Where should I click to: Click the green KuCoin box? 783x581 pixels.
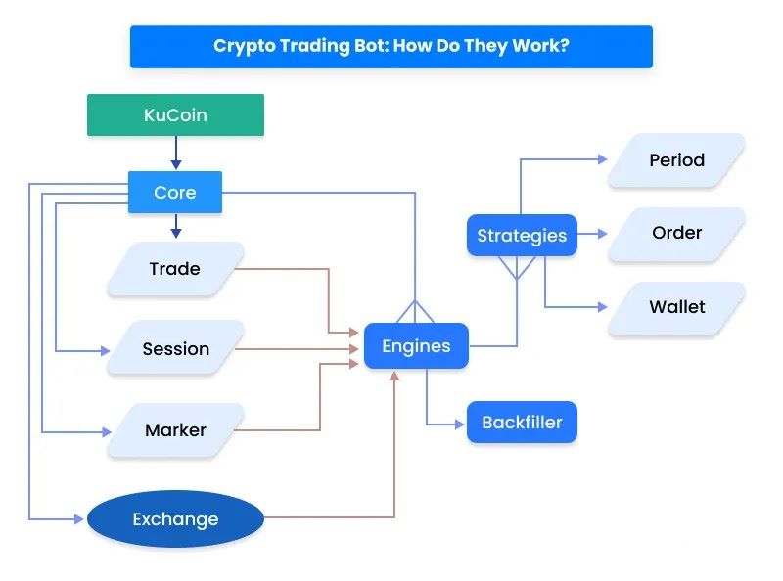click(x=175, y=114)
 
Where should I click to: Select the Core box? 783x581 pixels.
click(x=175, y=192)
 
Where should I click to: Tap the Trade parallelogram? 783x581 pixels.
click(x=175, y=269)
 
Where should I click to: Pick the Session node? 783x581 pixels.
click(x=175, y=348)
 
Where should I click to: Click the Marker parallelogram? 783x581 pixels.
click(x=175, y=429)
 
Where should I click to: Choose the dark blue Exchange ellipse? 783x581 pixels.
click(x=175, y=518)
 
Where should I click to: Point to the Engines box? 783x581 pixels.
click(x=416, y=346)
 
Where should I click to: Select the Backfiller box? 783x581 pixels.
click(x=522, y=423)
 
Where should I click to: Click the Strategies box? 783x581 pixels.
click(x=522, y=235)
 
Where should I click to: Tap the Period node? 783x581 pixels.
click(x=676, y=159)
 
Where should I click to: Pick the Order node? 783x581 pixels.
click(x=676, y=233)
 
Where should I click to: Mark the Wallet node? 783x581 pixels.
click(x=676, y=306)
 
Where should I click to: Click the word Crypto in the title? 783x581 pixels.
click(x=244, y=46)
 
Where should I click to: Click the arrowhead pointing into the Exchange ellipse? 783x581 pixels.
click(x=78, y=519)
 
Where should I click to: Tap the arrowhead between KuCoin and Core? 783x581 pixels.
click(x=176, y=164)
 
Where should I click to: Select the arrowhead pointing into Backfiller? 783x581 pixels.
click(x=459, y=425)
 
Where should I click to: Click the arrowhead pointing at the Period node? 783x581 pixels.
click(x=603, y=159)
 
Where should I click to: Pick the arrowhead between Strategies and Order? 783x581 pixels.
click(x=602, y=234)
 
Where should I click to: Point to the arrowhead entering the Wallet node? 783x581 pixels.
click(x=603, y=307)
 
